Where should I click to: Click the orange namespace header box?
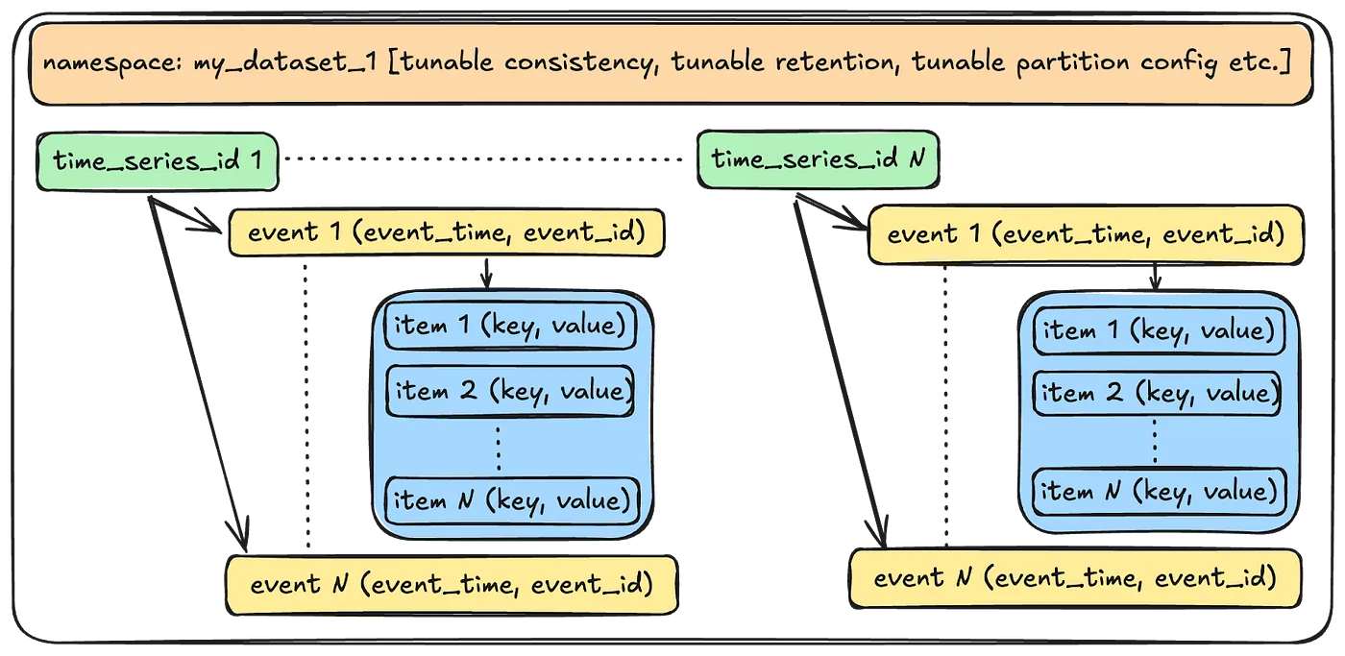pos(672,64)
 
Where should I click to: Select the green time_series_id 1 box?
pos(158,161)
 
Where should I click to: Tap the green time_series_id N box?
pos(818,159)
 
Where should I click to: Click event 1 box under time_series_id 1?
pos(447,232)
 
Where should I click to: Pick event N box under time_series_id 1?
pos(452,585)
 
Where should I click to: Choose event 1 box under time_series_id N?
pos(1086,234)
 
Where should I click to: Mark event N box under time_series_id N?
pos(1075,578)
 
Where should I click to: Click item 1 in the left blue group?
pos(510,326)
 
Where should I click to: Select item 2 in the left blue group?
pos(510,391)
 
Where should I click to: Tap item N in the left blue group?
pos(511,500)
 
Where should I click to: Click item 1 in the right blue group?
pos(1159,330)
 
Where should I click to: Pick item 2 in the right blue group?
pos(1157,393)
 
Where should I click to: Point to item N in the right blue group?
pos(1159,492)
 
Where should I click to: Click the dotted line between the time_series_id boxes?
pos(484,159)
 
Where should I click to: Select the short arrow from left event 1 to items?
pos(486,274)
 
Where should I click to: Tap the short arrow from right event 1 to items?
pos(1155,277)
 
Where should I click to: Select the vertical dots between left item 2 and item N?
pos(499,448)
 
